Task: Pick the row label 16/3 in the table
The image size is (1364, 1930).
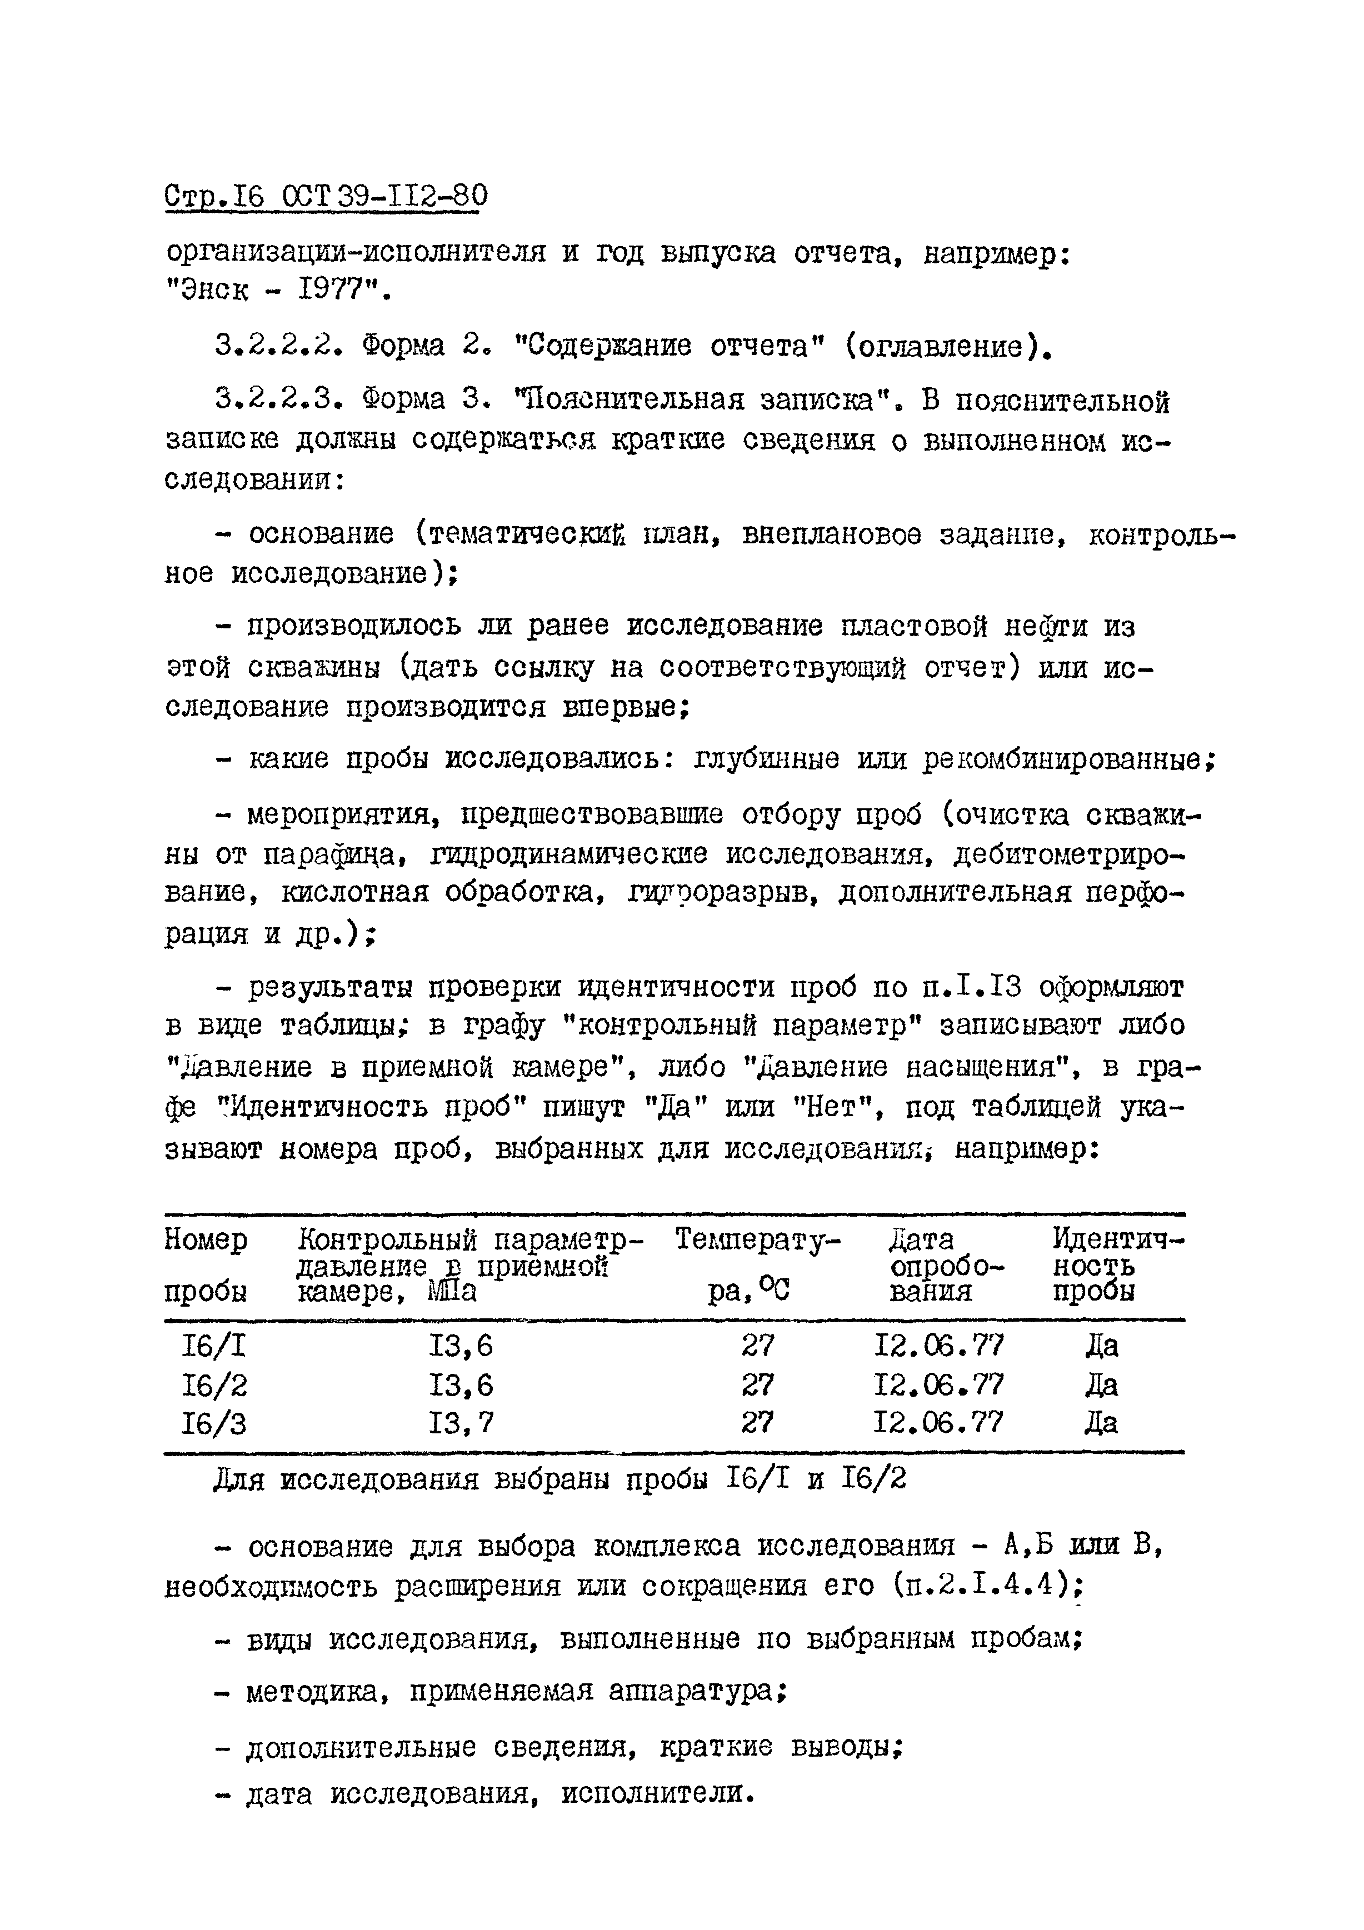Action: click(214, 1423)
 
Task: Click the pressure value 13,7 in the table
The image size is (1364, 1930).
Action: click(461, 1423)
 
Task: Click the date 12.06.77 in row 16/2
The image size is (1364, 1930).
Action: click(939, 1384)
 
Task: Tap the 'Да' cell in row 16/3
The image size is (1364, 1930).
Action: click(1101, 1423)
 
